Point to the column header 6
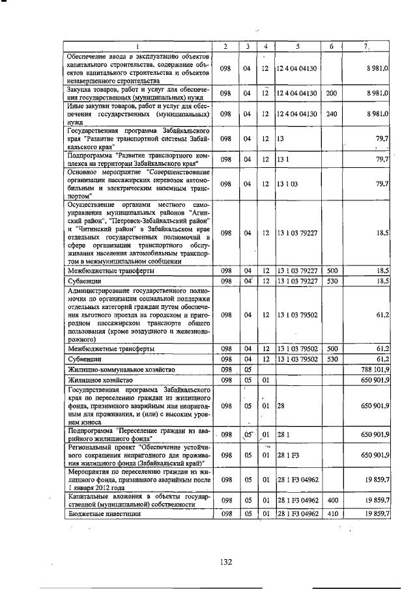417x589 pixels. tap(332, 46)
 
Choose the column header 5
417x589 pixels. tap(297, 46)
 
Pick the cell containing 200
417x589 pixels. tap(332, 93)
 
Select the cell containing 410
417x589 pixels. tap(332, 514)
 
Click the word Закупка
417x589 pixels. tap(80, 88)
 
